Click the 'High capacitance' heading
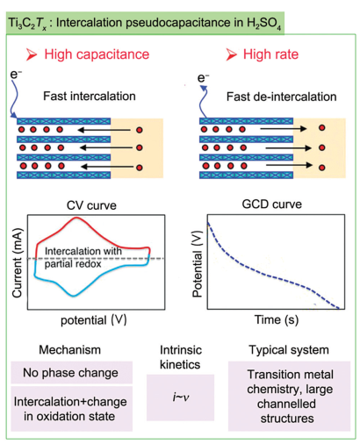[97, 54]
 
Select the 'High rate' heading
[270, 54]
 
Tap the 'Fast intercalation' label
[90, 97]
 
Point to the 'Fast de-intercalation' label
[282, 97]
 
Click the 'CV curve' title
[91, 205]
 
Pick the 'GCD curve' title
[272, 204]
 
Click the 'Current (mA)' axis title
[17, 262]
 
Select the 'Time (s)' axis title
[277, 319]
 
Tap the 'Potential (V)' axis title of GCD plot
[198, 264]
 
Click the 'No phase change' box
[72, 373]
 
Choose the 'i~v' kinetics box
[180, 397]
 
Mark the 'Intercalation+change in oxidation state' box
[72, 409]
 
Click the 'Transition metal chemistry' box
[289, 397]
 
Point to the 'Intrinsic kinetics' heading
[180, 357]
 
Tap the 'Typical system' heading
[289, 350]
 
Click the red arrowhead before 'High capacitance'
[32, 54]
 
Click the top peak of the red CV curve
[76, 218]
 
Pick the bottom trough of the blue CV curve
[73, 296]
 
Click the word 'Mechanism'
[70, 350]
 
